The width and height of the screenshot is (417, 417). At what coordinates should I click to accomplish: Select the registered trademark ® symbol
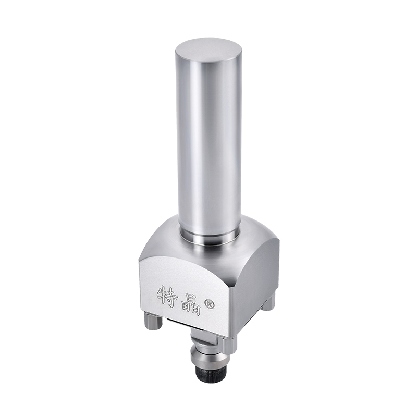click(209, 304)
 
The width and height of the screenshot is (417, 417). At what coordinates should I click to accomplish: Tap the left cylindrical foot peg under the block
click(153, 322)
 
